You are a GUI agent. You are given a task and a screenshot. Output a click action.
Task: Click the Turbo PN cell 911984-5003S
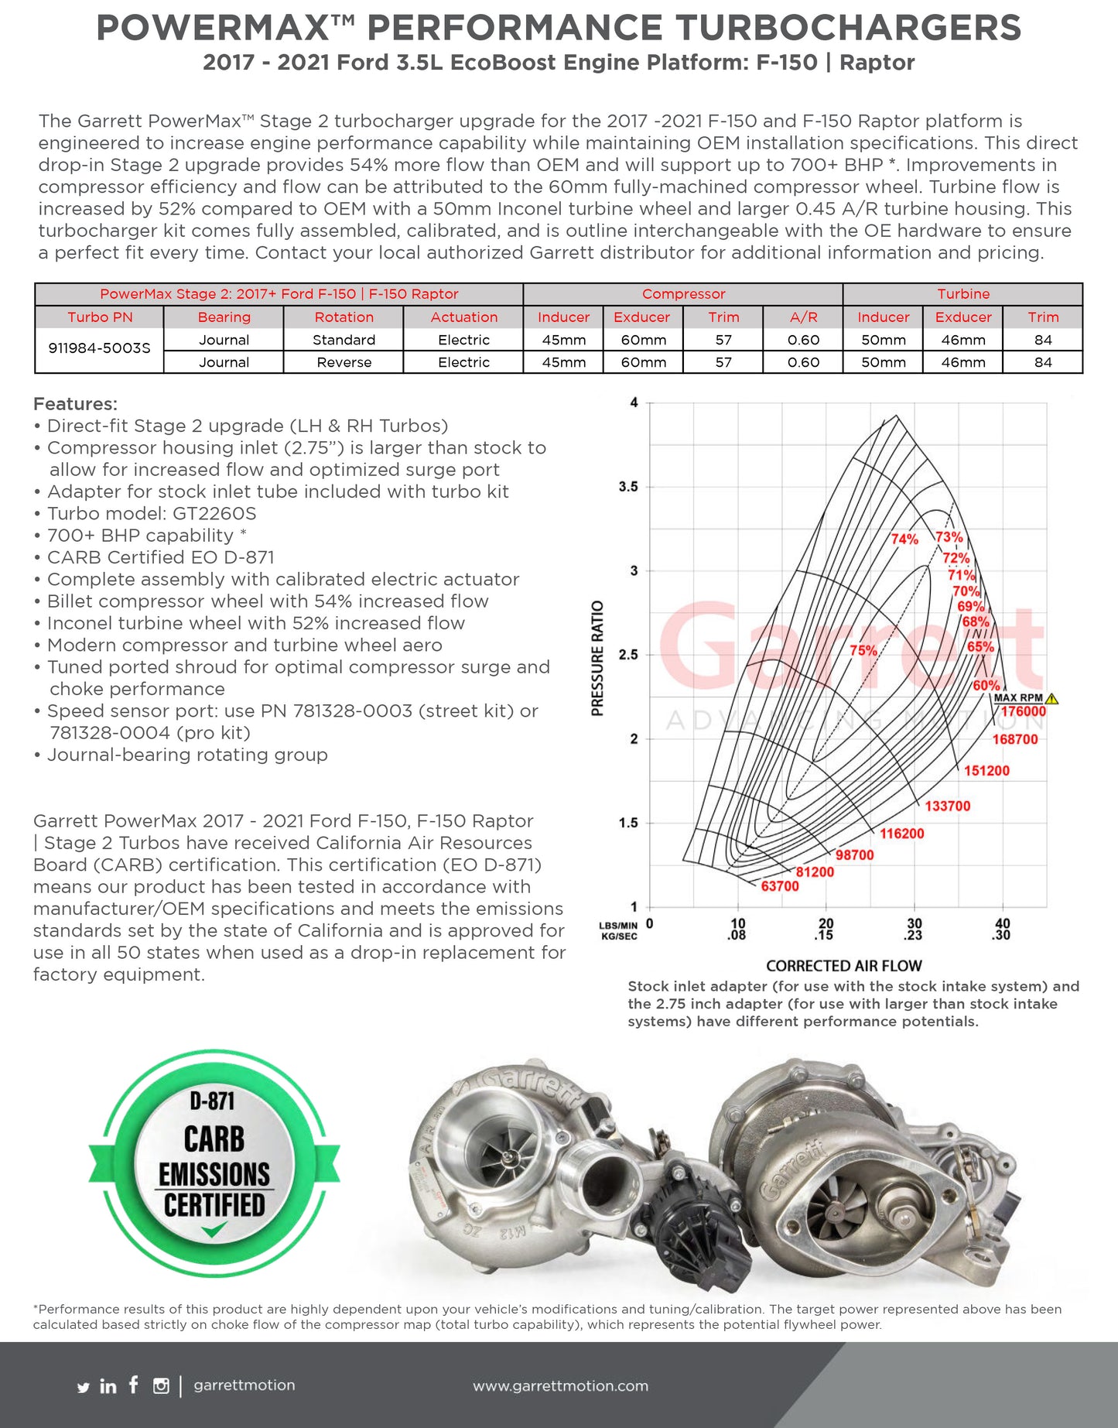tap(99, 348)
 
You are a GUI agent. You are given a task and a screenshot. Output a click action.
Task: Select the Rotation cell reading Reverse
tap(344, 362)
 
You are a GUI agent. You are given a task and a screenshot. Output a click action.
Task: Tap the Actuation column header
tap(463, 317)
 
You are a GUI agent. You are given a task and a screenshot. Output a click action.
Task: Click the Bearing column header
tap(224, 317)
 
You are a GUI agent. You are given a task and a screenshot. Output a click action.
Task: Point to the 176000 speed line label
tap(1023, 711)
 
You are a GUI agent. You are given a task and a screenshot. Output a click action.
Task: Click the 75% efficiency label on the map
tap(863, 650)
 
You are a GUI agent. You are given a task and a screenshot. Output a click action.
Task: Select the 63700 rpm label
tap(779, 886)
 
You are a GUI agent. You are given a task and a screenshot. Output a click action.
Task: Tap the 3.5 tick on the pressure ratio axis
tap(628, 487)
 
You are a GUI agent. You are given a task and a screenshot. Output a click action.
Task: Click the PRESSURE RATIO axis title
tap(597, 658)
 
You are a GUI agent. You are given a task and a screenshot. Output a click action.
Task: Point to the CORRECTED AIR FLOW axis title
tap(843, 966)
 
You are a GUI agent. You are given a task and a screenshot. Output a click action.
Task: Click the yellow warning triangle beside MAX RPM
tap(1051, 699)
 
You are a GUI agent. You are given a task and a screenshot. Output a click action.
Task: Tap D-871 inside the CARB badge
tap(212, 1100)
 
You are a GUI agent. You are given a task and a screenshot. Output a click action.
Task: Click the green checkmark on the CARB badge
tap(214, 1229)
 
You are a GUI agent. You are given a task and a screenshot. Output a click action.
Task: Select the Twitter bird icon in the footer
tap(84, 1388)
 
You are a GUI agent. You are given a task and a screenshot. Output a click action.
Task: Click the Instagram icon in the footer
tap(161, 1386)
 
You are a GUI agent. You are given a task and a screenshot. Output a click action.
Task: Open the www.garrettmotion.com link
tap(560, 1386)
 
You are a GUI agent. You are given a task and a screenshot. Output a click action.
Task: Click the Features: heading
tap(75, 404)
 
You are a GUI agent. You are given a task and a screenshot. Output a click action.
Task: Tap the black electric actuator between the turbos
tap(689, 1231)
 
